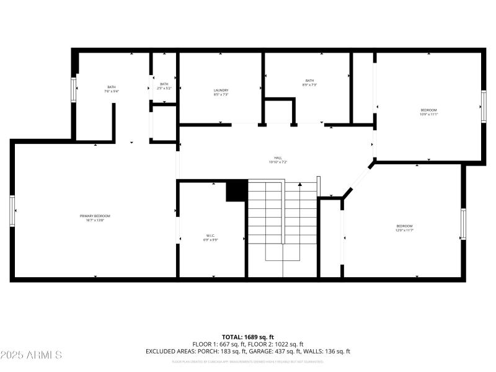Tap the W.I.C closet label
[211, 236]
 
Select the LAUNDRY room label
[221, 91]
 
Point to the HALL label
[278, 158]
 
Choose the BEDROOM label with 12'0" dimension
[405, 226]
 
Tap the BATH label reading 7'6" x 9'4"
[112, 87]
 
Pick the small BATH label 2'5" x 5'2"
[164, 85]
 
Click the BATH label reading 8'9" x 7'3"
[309, 81]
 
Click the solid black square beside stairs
[236, 191]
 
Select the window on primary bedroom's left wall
[12, 211]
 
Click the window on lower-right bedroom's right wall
[463, 224]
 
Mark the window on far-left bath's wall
[74, 91]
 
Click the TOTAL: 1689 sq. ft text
[248, 337]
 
